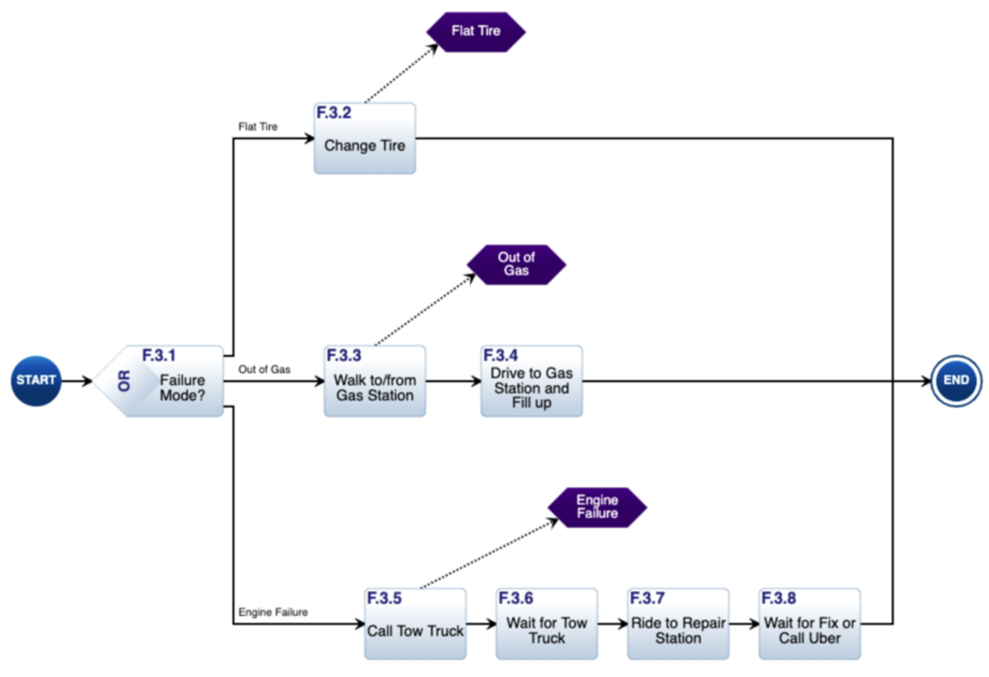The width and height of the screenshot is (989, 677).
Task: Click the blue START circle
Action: (x=36, y=381)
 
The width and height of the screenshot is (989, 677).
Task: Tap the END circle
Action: (x=956, y=381)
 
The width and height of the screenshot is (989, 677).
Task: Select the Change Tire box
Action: (x=364, y=139)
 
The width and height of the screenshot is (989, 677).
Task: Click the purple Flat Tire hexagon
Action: (x=475, y=31)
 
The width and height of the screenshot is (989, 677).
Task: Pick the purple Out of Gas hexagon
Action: (x=516, y=264)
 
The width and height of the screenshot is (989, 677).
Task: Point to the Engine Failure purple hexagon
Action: (x=596, y=507)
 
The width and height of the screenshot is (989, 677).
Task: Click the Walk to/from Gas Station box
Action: (x=375, y=382)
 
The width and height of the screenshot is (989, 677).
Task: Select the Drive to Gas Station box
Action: (x=531, y=382)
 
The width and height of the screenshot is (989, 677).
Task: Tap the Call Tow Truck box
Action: (x=415, y=624)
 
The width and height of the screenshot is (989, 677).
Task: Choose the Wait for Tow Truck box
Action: (x=547, y=624)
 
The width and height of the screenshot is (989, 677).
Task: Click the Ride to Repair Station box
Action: (x=678, y=624)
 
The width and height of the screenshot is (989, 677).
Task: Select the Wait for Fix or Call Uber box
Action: (x=810, y=624)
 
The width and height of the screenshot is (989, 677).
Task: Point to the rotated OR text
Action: (x=125, y=382)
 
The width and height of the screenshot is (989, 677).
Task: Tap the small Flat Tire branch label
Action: (x=258, y=127)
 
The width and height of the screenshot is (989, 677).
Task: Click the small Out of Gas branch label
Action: (x=264, y=369)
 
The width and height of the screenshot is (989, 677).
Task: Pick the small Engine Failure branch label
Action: (x=273, y=612)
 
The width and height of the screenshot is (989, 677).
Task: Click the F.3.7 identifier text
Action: (x=647, y=598)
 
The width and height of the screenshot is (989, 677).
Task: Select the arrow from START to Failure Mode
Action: (x=76, y=382)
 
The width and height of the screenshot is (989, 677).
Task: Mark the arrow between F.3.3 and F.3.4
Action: (x=453, y=382)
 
